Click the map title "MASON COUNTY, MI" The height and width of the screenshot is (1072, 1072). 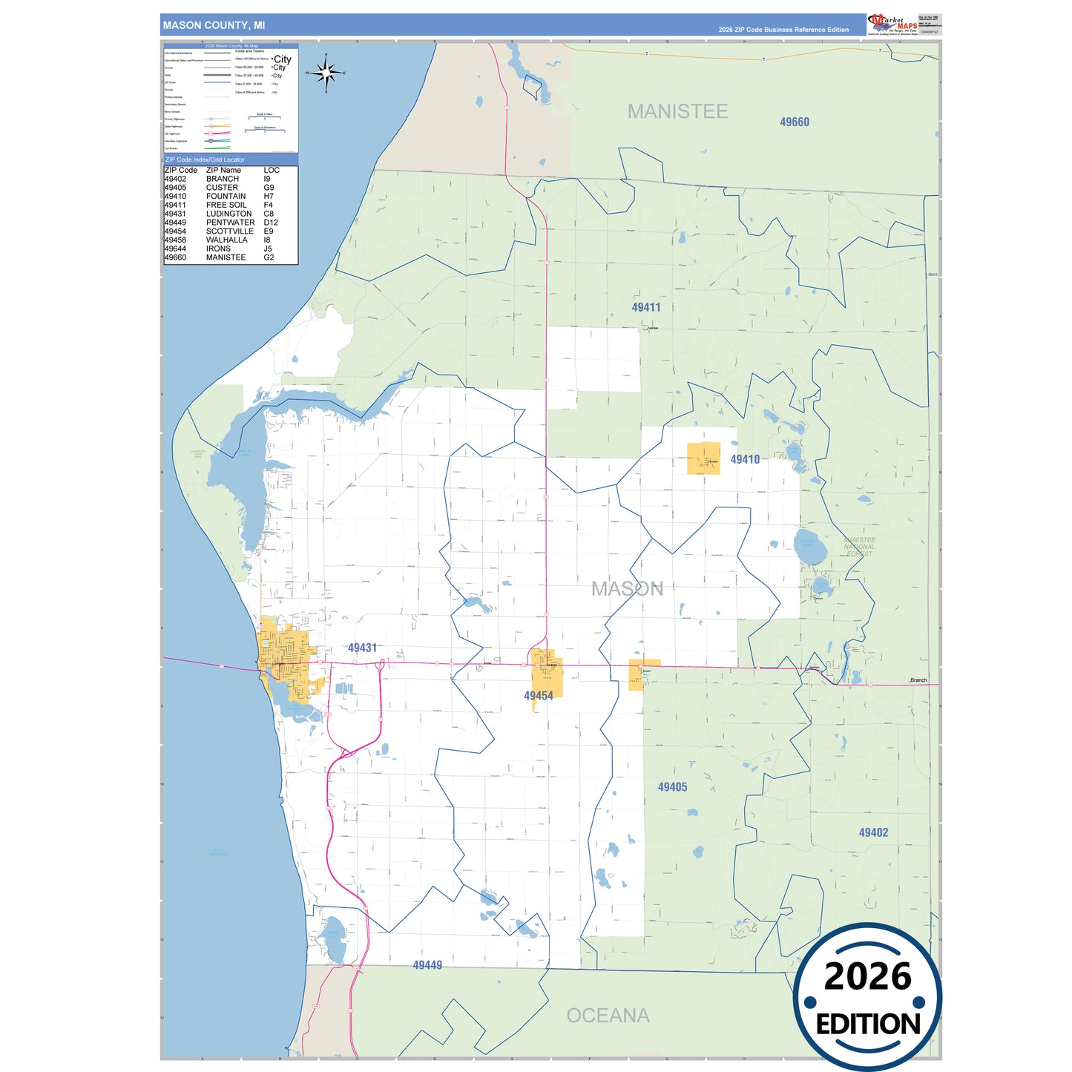(214, 25)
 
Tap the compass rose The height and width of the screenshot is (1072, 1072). (326, 73)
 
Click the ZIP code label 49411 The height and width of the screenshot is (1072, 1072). (645, 307)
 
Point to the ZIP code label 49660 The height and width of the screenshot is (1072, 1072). (794, 122)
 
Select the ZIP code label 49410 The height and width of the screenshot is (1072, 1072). (744, 459)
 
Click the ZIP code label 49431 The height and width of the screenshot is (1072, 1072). (362, 648)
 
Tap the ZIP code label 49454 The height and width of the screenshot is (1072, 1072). (538, 696)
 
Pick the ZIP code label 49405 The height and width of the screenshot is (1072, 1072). (672, 787)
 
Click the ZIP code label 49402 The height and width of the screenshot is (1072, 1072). (873, 832)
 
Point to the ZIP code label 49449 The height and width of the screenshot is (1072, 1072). (427, 965)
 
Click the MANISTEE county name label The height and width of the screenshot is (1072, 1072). (677, 111)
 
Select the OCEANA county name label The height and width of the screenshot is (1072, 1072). (608, 1015)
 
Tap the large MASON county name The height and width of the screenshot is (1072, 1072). (627, 589)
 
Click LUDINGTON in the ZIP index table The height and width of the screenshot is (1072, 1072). (228, 214)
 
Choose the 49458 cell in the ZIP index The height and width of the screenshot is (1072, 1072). (175, 240)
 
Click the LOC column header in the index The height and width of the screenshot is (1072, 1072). (272, 170)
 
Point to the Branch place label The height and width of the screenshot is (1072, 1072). (918, 680)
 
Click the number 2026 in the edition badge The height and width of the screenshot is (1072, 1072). (867, 976)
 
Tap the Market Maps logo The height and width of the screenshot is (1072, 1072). (892, 24)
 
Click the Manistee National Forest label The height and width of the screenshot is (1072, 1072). (859, 547)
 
